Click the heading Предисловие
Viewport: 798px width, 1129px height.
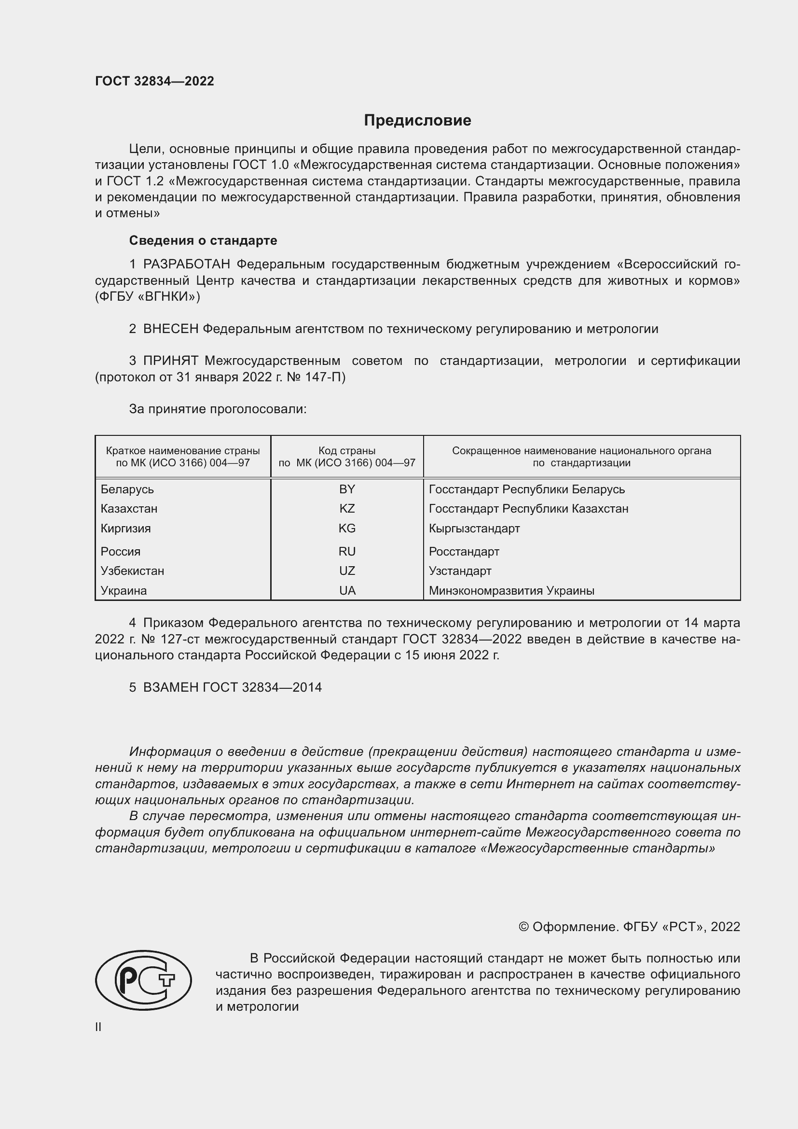click(x=417, y=121)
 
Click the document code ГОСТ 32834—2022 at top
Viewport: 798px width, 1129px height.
click(x=154, y=81)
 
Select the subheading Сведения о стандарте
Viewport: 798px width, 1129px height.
click(x=203, y=240)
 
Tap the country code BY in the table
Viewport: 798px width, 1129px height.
click(x=347, y=489)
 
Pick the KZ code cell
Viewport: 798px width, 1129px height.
click(x=347, y=508)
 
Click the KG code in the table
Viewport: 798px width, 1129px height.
click(x=347, y=528)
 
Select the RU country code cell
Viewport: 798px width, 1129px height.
click(x=347, y=551)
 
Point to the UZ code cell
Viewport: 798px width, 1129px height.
click(x=347, y=571)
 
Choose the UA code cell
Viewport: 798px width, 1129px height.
click(x=347, y=590)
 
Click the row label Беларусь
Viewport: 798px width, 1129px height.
click(x=127, y=489)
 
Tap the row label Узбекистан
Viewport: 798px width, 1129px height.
click(x=132, y=571)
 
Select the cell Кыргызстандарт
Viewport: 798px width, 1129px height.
click(x=474, y=529)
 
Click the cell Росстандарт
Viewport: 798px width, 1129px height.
click(x=464, y=551)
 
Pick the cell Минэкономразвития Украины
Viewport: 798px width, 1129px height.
click(x=511, y=590)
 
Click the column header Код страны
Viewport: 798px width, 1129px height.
click(x=347, y=450)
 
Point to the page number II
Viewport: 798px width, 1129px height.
click(x=98, y=1027)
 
